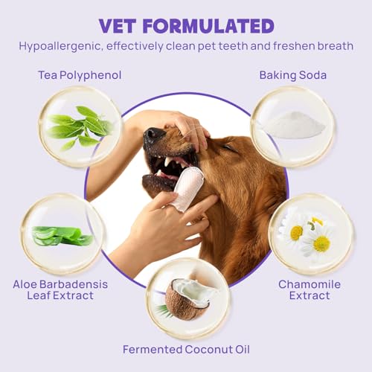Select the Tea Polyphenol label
tap(79, 75)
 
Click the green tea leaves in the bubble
tap(80, 126)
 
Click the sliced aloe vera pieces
tap(62, 235)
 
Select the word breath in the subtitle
tap(333, 46)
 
